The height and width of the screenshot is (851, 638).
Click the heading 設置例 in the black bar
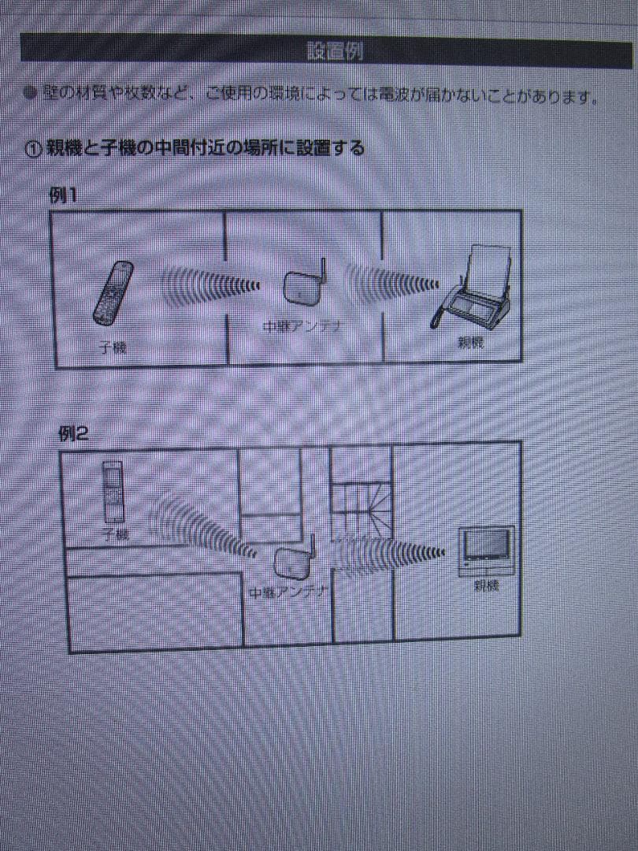pos(335,52)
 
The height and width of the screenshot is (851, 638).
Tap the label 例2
pos(72,433)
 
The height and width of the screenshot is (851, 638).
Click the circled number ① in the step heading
pos(32,149)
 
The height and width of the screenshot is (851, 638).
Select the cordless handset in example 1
pos(113,293)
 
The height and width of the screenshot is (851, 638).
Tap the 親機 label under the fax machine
pos(471,343)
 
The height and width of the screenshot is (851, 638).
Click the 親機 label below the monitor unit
pos(486,586)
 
